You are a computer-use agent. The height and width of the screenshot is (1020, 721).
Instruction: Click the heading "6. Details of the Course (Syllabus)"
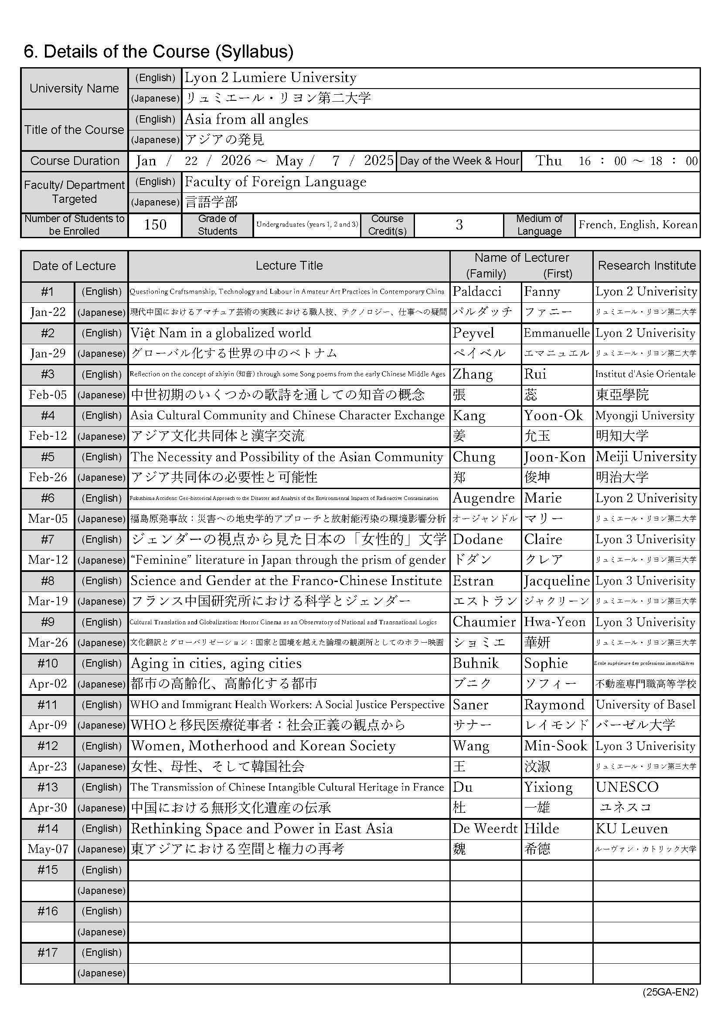click(159, 52)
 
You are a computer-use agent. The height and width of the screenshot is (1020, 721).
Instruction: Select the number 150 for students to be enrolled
click(155, 225)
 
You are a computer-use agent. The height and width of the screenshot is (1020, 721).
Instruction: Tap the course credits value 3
click(459, 225)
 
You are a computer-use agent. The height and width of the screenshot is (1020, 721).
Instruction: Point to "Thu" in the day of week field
click(548, 161)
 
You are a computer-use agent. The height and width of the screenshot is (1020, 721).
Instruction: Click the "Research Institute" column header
click(646, 266)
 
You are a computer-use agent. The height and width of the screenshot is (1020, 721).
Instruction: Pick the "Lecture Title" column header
click(289, 266)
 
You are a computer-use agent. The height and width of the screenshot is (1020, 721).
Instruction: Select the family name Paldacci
click(477, 291)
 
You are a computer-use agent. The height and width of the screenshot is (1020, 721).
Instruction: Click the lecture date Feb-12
click(48, 436)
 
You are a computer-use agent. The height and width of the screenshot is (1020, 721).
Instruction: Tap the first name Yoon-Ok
click(553, 415)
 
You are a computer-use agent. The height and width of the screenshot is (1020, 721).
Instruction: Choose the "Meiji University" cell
click(646, 457)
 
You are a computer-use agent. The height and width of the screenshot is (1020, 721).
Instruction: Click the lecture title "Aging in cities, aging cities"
click(216, 663)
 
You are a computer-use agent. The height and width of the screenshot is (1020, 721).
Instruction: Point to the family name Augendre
click(483, 498)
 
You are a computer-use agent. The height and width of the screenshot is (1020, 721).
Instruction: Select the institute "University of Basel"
click(646, 705)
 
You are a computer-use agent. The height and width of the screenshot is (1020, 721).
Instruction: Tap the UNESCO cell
click(627, 787)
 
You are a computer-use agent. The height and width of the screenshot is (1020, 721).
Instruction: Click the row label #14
click(48, 828)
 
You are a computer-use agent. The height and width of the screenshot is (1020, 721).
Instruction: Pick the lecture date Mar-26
click(48, 642)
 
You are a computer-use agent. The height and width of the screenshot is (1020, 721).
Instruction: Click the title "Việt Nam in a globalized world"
click(221, 333)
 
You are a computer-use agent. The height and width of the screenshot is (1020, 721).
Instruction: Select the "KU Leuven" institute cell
click(631, 828)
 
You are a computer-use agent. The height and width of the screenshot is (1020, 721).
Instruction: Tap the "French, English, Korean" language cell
click(638, 225)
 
